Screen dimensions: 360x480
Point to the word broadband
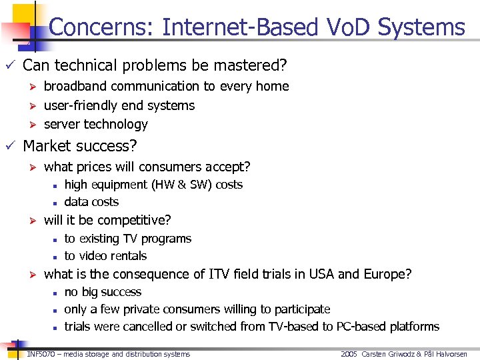coord(76,86)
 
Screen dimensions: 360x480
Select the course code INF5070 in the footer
coord(39,354)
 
